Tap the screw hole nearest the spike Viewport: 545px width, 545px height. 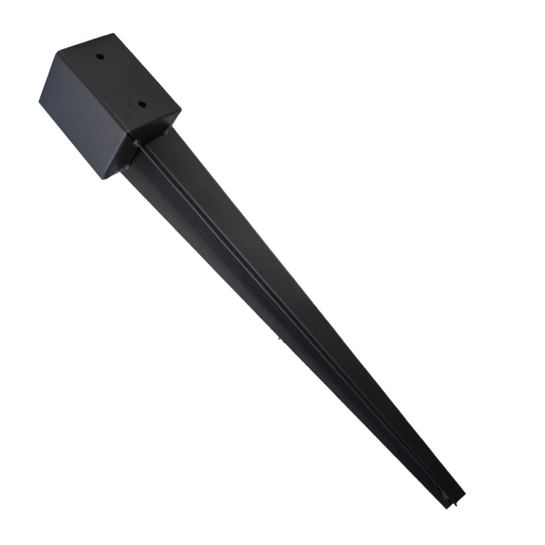(x=142, y=105)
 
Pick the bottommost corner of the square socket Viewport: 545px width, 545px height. (x=102, y=179)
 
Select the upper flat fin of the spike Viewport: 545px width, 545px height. (x=272, y=259)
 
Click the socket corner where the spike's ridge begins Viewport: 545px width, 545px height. (x=136, y=142)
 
